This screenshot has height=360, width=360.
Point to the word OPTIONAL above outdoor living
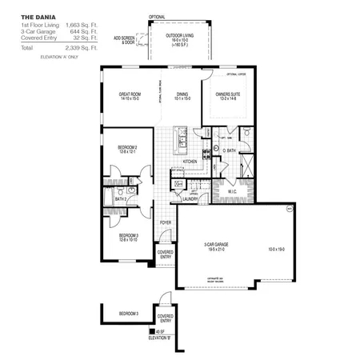tap(158, 16)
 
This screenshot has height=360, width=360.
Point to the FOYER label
tap(166, 222)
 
